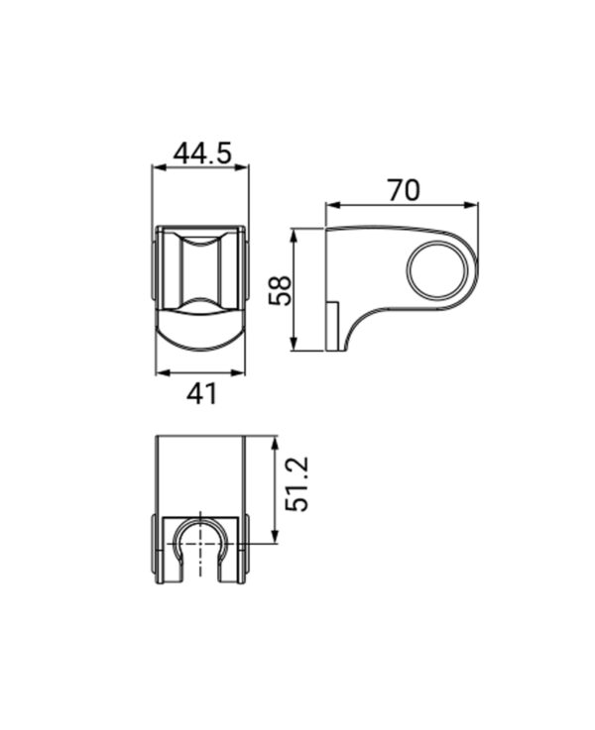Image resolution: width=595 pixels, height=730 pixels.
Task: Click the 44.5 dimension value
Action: (202, 154)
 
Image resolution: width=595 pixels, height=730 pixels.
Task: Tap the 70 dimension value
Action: (404, 190)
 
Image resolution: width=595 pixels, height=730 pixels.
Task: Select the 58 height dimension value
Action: (281, 290)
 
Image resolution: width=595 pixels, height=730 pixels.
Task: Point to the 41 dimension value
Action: (201, 394)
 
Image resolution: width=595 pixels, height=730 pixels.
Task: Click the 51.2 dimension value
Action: (297, 484)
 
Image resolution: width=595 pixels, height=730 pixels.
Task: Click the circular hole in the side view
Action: (436, 269)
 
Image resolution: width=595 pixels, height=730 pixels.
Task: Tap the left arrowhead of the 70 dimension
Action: (332, 204)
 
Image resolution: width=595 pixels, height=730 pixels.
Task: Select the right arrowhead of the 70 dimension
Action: (471, 204)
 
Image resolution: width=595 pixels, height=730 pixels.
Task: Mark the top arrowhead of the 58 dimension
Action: (294, 235)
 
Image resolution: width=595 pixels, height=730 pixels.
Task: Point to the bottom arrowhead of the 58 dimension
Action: (294, 344)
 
